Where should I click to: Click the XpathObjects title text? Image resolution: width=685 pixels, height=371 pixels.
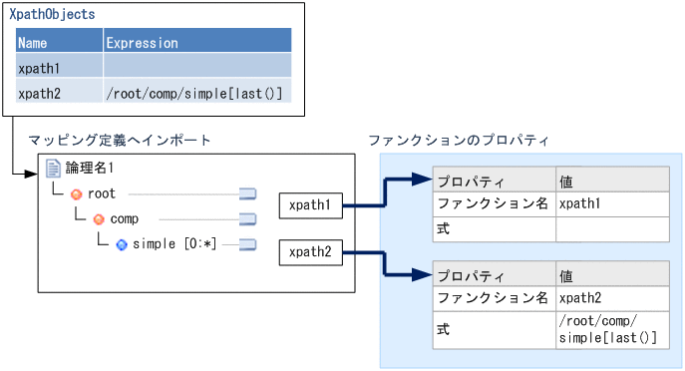tap(52, 15)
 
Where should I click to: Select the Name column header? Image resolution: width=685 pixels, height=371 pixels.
tap(33, 43)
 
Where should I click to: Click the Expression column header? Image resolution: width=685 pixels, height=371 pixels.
tap(142, 43)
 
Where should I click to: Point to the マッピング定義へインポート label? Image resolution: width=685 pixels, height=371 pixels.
tap(119, 140)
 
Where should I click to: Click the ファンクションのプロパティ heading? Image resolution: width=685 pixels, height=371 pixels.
tap(459, 140)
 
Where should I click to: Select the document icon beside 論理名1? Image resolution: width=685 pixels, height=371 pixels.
tap(53, 169)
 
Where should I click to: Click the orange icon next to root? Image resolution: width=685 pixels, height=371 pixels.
tap(76, 193)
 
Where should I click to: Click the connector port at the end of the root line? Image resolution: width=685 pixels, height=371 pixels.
tap(248, 193)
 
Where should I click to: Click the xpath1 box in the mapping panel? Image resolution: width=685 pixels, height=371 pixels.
tap(310, 205)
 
